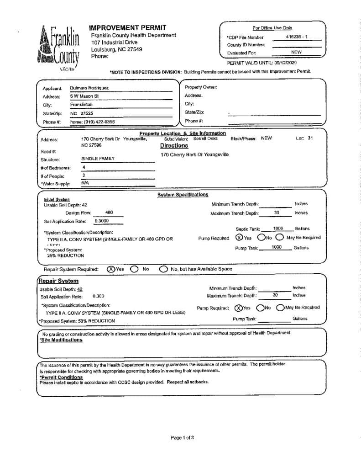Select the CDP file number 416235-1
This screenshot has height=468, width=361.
click(297, 37)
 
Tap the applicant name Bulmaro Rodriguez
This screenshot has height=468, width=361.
click(89, 88)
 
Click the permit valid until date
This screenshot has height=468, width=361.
click(287, 62)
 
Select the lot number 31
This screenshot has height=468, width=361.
click(310, 138)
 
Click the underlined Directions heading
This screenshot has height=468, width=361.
click(174, 146)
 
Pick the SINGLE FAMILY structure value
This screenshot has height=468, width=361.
click(98, 159)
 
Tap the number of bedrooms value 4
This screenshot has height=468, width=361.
click(84, 167)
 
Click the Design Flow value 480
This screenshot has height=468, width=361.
click(109, 213)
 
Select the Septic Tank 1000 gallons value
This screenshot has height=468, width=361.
click(278, 229)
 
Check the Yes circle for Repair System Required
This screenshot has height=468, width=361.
click(111, 269)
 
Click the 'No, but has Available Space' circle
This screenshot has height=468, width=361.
click(163, 269)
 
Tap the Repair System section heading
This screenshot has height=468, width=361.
click(59, 281)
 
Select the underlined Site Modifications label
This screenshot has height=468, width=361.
click(61, 340)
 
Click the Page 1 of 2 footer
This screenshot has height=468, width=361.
click(183, 437)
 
